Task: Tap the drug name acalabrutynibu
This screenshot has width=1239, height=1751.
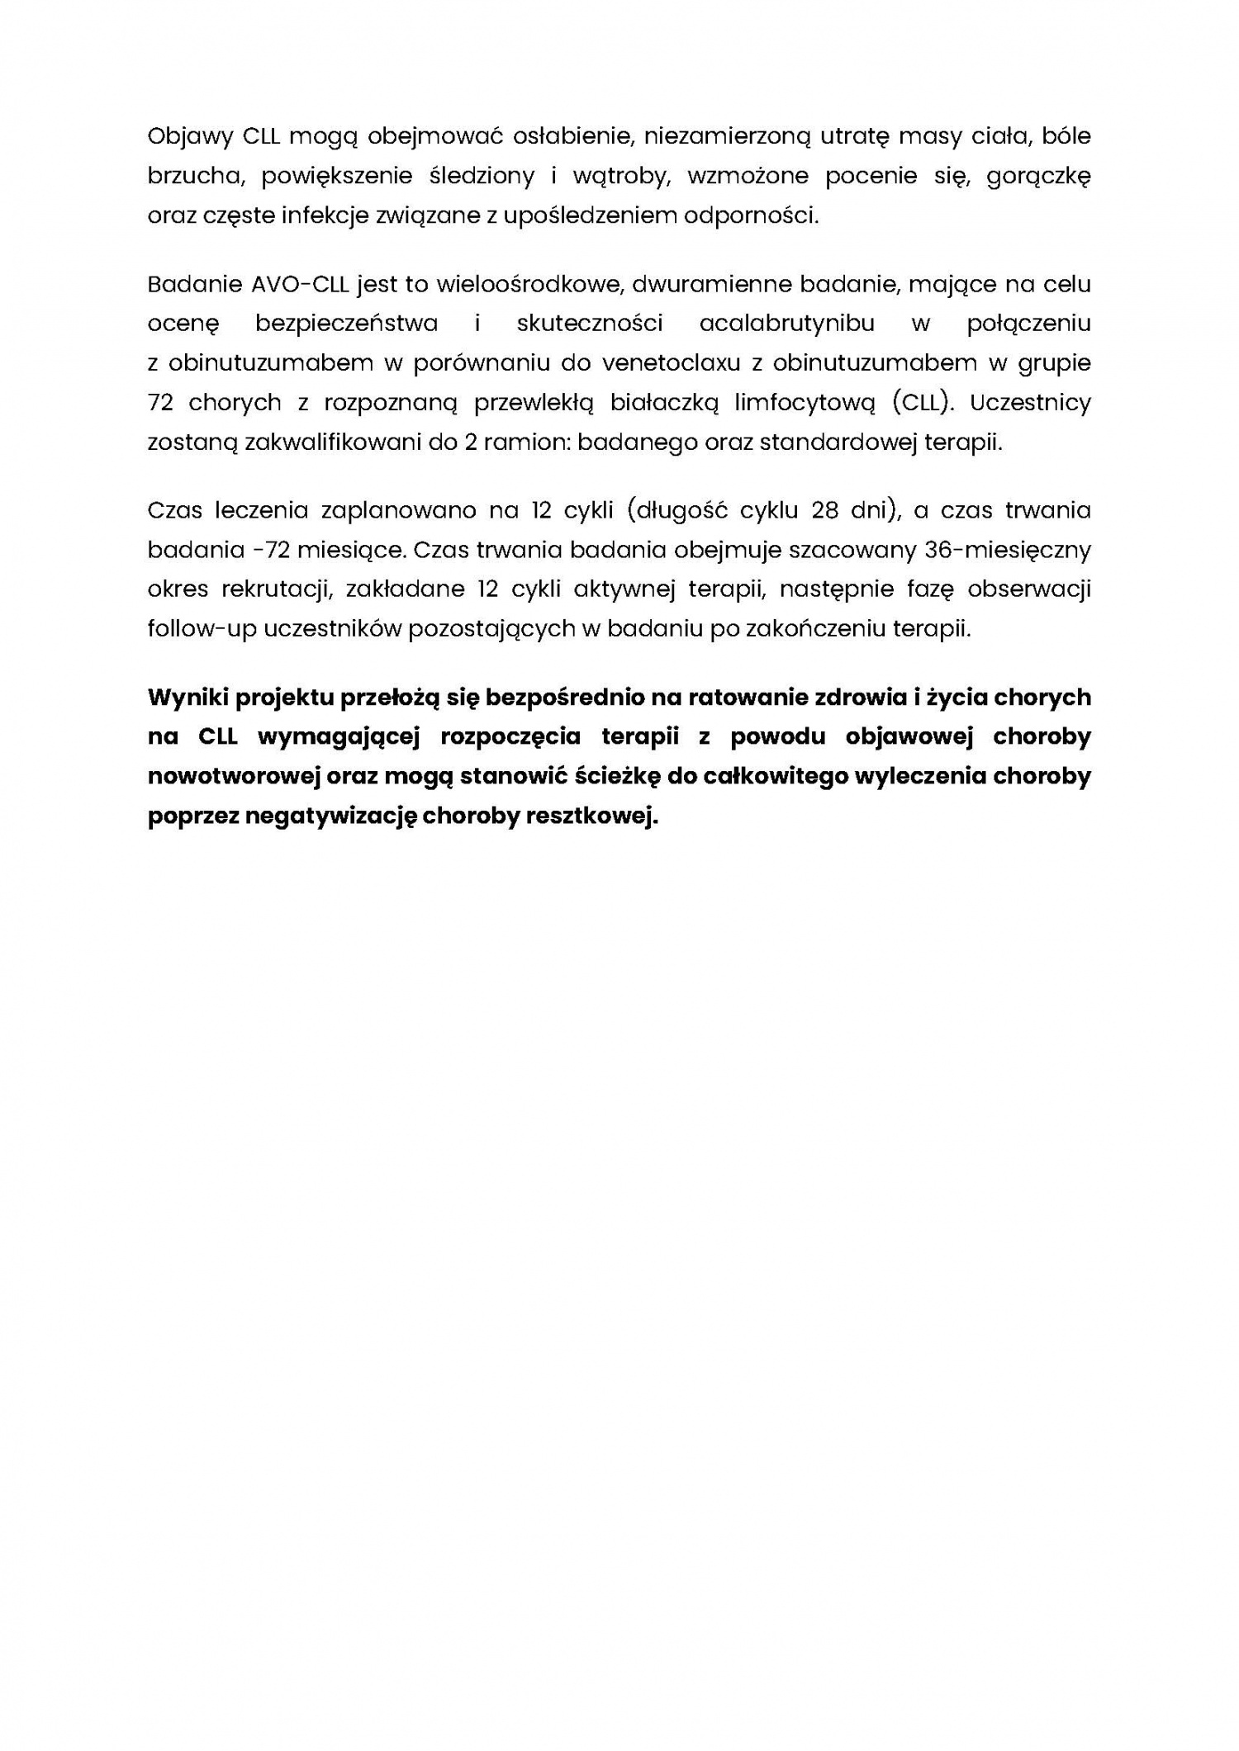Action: [x=787, y=324]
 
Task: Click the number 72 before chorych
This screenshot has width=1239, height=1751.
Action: [x=159, y=403]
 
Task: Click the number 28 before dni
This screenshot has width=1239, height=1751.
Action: [x=825, y=510]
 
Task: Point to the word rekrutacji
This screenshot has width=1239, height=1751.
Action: [x=276, y=589]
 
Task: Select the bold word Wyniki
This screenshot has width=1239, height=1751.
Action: [x=188, y=698]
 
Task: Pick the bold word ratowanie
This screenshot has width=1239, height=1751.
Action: [x=748, y=698]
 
